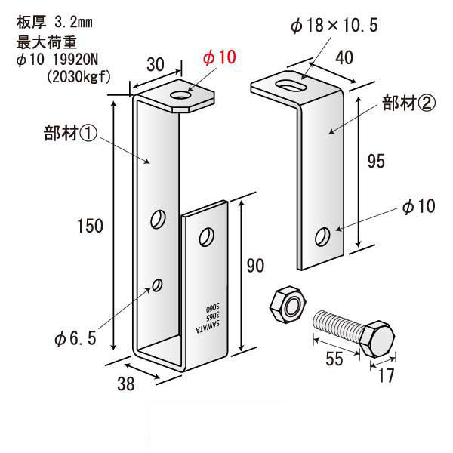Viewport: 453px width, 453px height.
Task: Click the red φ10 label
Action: (219, 57)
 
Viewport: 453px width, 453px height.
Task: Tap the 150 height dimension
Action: (90, 226)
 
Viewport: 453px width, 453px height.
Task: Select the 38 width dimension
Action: (126, 384)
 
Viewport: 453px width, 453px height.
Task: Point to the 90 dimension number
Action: (255, 266)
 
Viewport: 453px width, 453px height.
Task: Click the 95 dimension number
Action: (376, 162)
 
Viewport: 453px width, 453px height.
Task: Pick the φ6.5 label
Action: (75, 338)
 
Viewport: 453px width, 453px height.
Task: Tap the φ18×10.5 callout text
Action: (334, 25)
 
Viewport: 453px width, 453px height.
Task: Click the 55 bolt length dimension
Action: (334, 359)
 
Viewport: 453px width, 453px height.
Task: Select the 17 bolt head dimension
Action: (386, 375)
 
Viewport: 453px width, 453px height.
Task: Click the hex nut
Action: (288, 305)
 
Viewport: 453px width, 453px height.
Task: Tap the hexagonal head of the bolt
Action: (378, 338)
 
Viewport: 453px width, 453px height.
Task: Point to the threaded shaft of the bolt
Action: (339, 325)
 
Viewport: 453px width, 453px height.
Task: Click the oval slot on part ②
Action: (291, 85)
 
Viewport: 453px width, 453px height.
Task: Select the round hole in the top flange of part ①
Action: (181, 95)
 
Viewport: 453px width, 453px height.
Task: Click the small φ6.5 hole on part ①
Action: (157, 285)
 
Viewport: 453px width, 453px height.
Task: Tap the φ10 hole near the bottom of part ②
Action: (322, 236)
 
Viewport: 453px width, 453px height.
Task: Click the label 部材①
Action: (70, 134)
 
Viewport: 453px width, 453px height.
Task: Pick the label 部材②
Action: (408, 103)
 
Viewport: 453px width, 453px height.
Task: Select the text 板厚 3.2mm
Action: (54, 22)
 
